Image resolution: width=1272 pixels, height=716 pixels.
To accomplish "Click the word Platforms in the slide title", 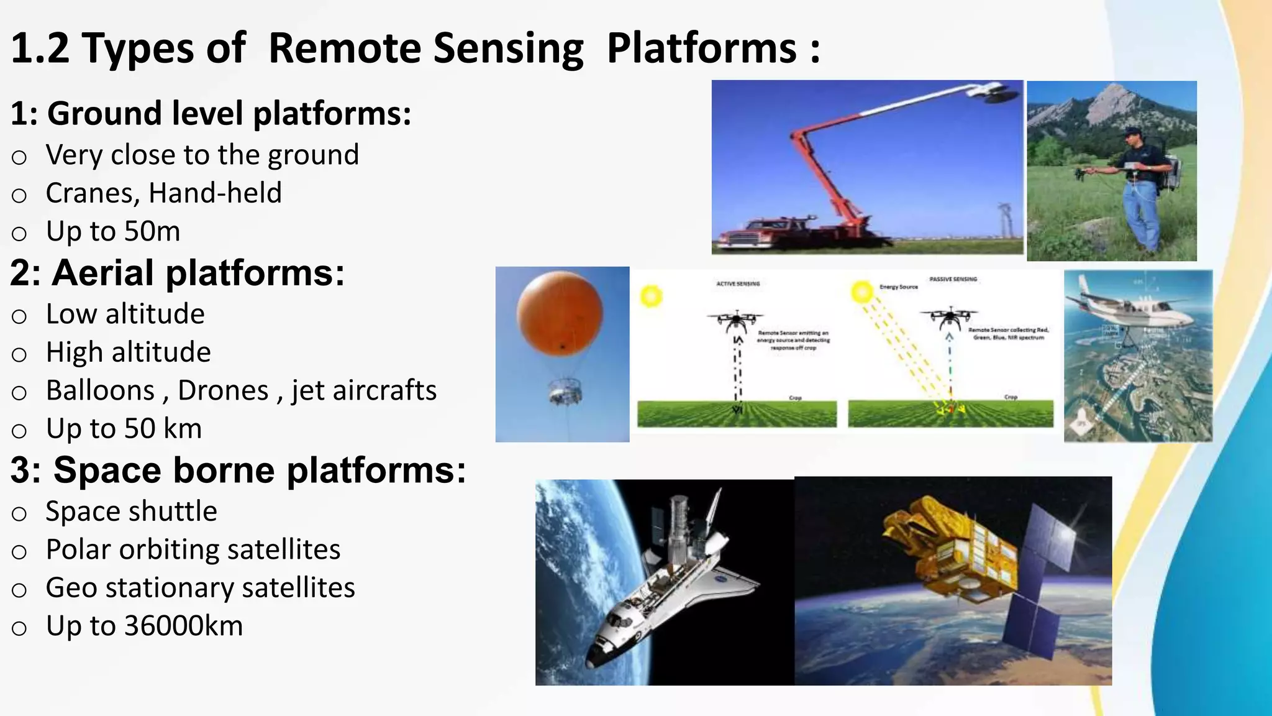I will [701, 48].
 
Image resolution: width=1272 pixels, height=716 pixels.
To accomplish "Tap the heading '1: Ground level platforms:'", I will [211, 114].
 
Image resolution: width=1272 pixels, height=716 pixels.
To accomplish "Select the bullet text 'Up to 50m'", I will [113, 231].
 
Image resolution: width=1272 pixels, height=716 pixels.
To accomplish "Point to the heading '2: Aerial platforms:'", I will [177, 273].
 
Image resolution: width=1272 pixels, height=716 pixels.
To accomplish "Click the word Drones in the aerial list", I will [223, 391].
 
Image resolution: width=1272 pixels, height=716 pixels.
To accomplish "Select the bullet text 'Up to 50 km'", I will [124, 429].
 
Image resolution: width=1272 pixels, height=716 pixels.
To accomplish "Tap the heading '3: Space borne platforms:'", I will [238, 470].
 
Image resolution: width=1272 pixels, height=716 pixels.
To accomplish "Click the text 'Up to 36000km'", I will [144, 626].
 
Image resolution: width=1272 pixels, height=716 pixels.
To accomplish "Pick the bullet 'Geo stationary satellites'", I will [200, 588].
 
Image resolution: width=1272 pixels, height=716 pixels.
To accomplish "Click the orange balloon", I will [560, 314].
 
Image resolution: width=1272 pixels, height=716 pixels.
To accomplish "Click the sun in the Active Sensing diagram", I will [650, 295].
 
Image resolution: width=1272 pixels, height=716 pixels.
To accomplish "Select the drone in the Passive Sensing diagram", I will [950, 317].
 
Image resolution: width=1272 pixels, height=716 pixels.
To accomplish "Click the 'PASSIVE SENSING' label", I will [953, 279].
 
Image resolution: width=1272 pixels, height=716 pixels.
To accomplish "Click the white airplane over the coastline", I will [1130, 308].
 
